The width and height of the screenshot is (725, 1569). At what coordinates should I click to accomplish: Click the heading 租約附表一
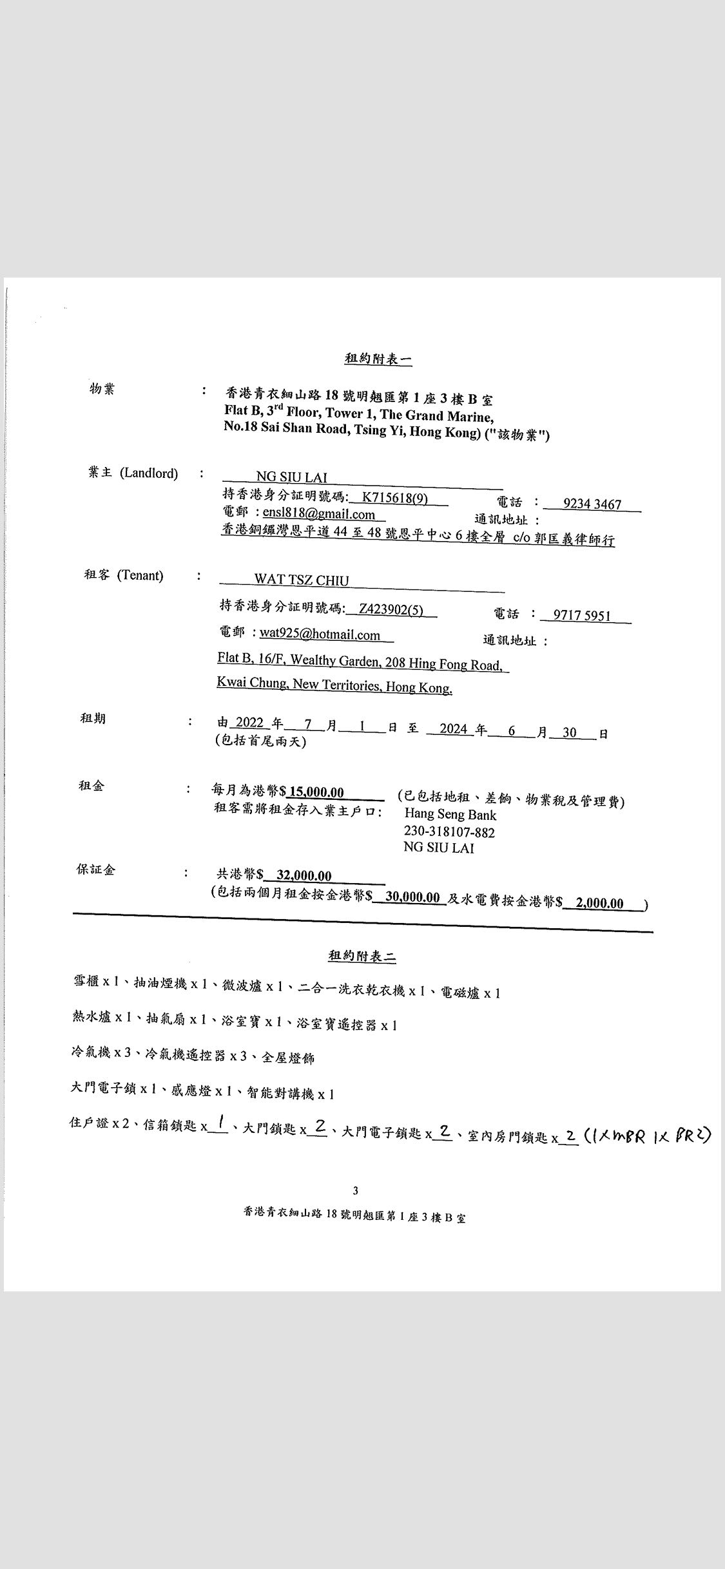click(378, 359)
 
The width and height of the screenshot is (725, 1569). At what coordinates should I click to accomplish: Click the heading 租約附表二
click(362, 956)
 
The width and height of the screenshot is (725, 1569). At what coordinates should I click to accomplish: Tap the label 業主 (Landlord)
click(133, 473)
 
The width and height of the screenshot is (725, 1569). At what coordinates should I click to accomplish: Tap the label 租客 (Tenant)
click(124, 575)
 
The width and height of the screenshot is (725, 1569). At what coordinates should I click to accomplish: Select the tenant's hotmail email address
click(320, 634)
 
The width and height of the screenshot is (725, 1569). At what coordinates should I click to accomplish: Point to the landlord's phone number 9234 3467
click(592, 504)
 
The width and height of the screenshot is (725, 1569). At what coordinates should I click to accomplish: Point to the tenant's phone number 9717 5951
click(581, 615)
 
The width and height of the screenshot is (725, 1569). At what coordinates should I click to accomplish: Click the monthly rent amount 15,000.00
click(316, 792)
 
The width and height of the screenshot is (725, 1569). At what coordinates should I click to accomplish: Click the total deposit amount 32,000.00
click(304, 875)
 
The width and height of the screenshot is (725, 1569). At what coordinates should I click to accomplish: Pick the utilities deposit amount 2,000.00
click(599, 903)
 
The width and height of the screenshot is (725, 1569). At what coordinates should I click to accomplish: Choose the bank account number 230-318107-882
click(449, 832)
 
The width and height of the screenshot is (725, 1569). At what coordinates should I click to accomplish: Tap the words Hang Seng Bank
click(450, 815)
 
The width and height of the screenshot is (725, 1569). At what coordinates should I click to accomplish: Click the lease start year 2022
click(250, 723)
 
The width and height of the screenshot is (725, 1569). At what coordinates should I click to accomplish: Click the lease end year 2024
click(454, 729)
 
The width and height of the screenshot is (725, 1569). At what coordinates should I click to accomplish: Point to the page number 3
click(355, 1191)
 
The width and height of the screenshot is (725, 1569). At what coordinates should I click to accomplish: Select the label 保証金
click(96, 870)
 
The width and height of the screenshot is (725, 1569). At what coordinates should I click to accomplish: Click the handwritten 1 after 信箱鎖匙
click(220, 1124)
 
